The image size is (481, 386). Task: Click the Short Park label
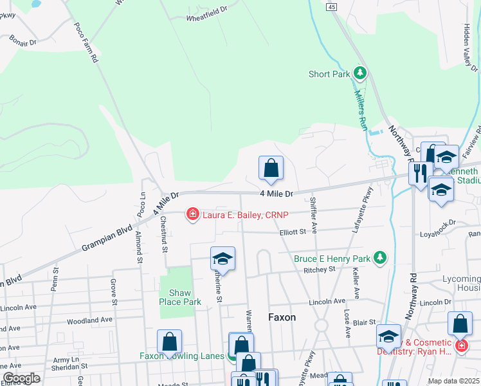point(329,74)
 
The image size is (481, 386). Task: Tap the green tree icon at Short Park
point(360,73)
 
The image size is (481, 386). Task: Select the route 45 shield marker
point(331,6)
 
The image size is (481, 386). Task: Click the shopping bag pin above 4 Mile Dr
point(271,169)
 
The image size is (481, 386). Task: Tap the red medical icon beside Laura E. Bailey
point(192,214)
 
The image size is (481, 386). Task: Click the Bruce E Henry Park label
point(332,259)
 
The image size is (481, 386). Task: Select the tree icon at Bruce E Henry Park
point(380,258)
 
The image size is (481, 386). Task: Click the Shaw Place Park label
point(181,297)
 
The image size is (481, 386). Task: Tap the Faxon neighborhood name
point(282,317)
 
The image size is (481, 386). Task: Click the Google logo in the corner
point(21,378)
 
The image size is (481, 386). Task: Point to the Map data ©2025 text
point(453,381)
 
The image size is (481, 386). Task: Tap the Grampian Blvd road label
point(106,238)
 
